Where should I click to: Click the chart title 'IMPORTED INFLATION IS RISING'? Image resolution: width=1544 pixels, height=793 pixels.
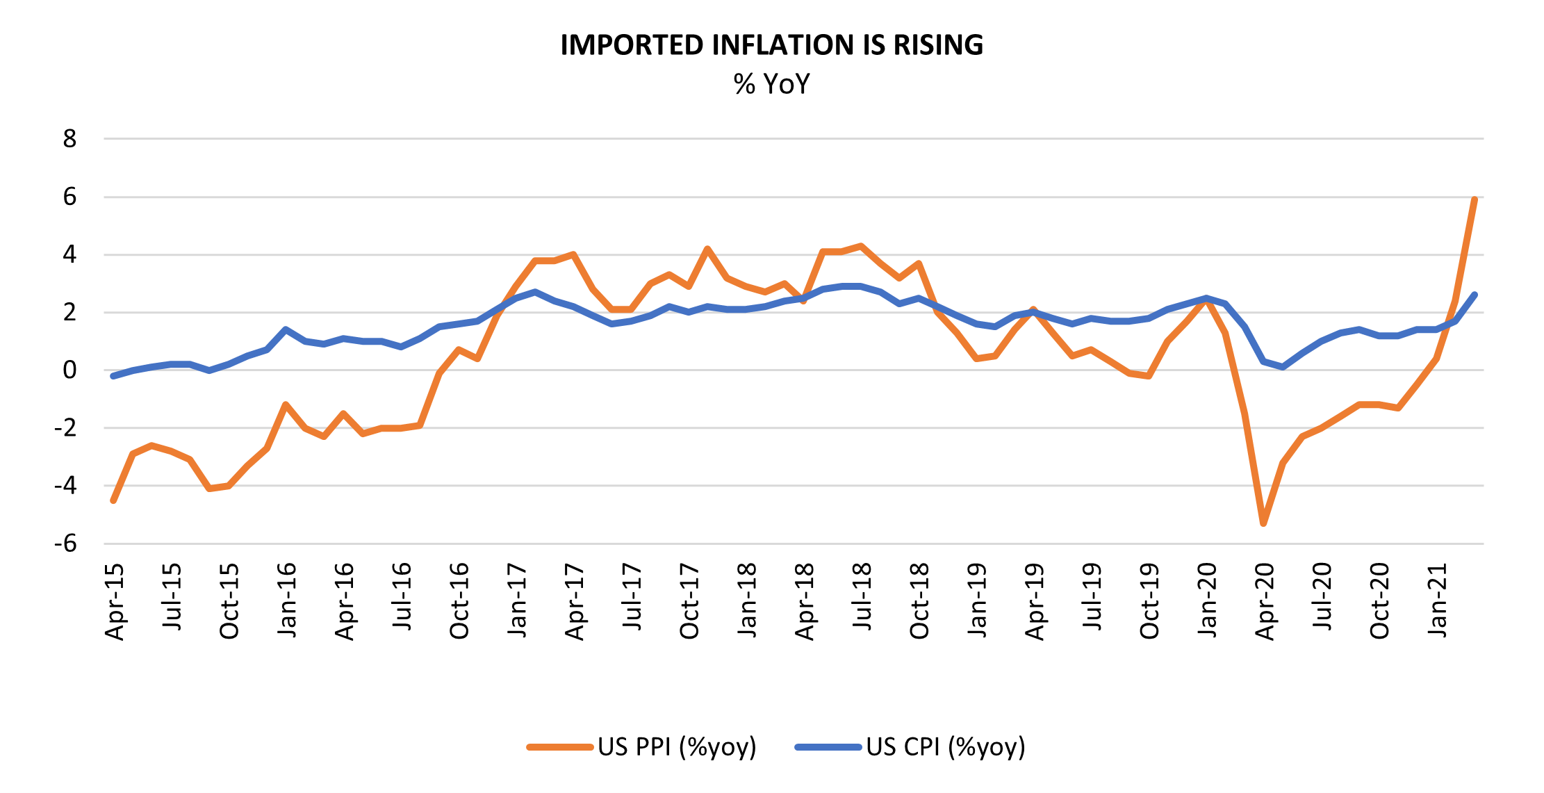pyautogui.click(x=771, y=45)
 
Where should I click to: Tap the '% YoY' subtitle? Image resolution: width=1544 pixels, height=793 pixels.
pyautogui.click(x=771, y=84)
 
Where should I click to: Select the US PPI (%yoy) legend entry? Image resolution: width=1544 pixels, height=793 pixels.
pyautogui.click(x=641, y=747)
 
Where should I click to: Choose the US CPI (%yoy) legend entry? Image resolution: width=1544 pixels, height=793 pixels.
pyautogui.click(x=910, y=747)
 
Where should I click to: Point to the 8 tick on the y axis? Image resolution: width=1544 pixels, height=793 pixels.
pyautogui.click(x=69, y=139)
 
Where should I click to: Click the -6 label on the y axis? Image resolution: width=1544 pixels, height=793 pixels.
pyautogui.click(x=66, y=543)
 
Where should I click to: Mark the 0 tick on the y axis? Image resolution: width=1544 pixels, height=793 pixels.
pyautogui.click(x=69, y=370)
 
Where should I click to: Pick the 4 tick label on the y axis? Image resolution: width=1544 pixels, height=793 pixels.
pyautogui.click(x=69, y=254)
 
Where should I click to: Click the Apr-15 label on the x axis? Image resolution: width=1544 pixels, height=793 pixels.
pyautogui.click(x=114, y=601)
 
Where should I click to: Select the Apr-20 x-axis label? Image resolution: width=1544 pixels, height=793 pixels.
pyautogui.click(x=1264, y=601)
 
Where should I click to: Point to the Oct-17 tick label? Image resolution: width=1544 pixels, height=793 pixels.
pyautogui.click(x=689, y=601)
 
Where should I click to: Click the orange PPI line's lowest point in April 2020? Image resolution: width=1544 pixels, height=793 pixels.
pyautogui.click(x=1263, y=523)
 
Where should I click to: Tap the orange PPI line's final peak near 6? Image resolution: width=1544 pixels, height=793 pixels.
pyautogui.click(x=1474, y=200)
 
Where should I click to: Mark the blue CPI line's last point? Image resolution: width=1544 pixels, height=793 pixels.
pyautogui.click(x=1474, y=295)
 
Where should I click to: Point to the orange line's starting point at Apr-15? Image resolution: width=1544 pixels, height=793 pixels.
pyautogui.click(x=113, y=500)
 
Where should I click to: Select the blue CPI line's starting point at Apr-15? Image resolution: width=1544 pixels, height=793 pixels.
pyautogui.click(x=113, y=376)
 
